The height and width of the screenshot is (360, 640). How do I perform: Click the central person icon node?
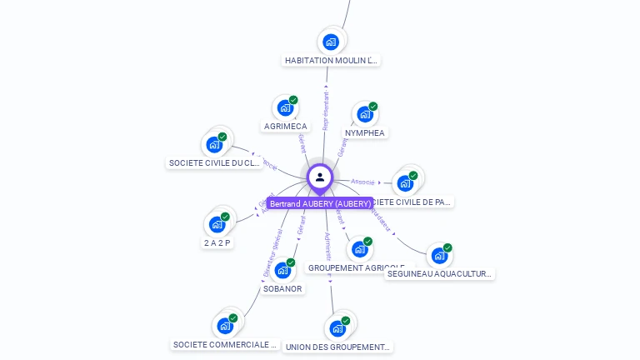[320, 177]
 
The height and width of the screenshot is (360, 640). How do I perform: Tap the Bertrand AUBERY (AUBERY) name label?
[320, 203]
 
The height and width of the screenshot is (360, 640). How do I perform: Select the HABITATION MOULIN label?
[332, 61]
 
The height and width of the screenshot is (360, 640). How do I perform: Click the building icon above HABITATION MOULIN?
[331, 42]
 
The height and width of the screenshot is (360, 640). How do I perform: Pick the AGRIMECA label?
[285, 127]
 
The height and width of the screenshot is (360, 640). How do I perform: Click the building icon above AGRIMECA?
[285, 107]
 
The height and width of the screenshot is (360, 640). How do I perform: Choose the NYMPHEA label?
[365, 132]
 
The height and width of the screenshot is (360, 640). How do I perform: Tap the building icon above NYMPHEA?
[364, 114]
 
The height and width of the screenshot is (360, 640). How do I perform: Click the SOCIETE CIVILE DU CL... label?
[215, 163]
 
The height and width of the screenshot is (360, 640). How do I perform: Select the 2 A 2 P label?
[217, 242]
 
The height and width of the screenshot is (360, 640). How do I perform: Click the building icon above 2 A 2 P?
[217, 224]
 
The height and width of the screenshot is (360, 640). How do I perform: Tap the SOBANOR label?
[282, 288]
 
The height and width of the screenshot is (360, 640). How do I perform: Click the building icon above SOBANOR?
[283, 270]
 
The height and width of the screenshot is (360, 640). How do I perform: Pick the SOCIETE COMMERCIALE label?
[224, 344]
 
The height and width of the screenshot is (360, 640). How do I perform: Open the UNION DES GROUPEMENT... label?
[337, 347]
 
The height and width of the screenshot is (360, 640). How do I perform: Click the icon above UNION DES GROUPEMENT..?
[337, 327]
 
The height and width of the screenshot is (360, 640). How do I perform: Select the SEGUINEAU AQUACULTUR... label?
[439, 273]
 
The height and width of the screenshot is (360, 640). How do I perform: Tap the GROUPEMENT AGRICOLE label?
[356, 267]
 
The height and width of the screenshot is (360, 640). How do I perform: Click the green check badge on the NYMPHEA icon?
[373, 107]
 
